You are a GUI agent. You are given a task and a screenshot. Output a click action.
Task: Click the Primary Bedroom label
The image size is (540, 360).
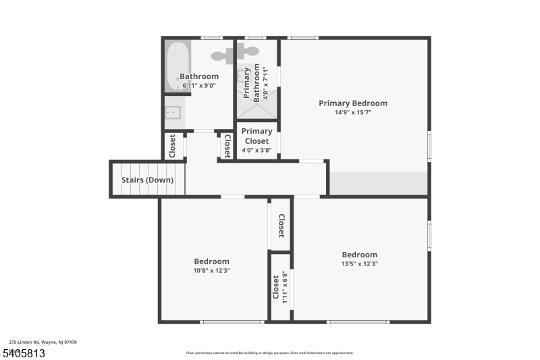click(353, 103)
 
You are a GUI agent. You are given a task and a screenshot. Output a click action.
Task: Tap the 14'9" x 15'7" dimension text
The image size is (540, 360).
click(353, 113)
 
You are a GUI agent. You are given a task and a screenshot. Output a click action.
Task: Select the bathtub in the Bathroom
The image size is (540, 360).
click(177, 66)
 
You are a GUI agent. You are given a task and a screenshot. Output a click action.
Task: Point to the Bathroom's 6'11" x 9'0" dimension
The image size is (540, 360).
click(198, 86)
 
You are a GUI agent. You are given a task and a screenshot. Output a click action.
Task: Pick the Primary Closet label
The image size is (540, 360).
click(256, 136)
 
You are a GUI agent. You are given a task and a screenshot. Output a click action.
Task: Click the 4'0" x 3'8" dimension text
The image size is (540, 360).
click(256, 150)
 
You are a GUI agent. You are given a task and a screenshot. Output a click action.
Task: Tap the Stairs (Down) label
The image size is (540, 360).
click(147, 180)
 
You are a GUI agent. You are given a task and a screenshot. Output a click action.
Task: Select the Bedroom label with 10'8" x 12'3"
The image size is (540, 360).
click(211, 261)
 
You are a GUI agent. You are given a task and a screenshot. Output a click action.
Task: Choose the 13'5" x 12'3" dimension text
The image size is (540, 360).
click(359, 264)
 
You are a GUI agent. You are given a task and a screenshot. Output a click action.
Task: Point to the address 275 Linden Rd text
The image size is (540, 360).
click(43, 342)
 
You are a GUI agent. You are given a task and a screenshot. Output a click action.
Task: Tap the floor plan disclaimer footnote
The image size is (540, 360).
click(269, 353)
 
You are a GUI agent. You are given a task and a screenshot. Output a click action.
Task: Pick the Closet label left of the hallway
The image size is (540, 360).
click(173, 146)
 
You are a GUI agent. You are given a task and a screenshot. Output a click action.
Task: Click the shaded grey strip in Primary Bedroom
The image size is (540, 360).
click(379, 183)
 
